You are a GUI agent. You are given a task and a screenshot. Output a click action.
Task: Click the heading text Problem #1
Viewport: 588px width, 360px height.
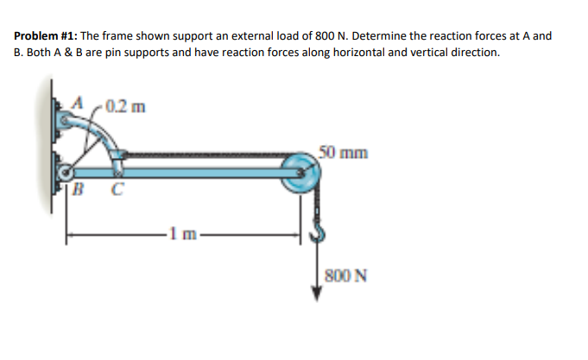coord(46,36)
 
